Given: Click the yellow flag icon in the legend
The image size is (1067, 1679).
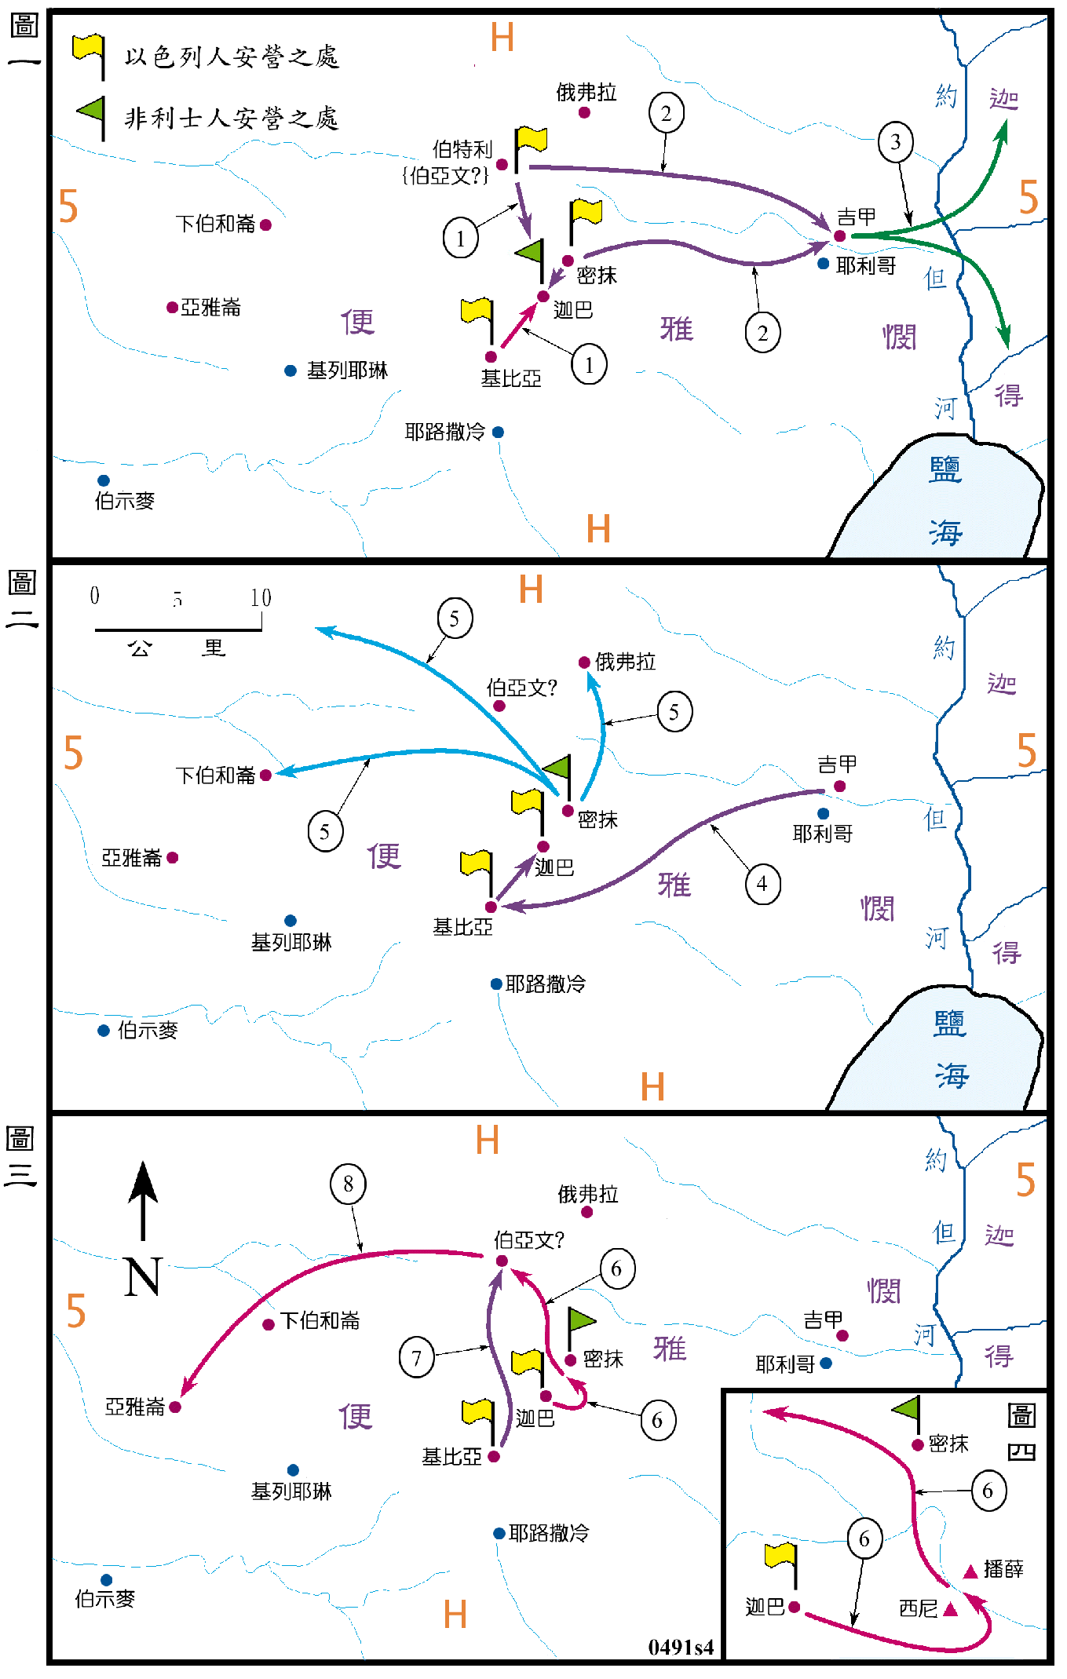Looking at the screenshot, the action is coord(89,55).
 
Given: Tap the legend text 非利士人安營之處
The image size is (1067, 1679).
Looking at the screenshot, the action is coord(232,119).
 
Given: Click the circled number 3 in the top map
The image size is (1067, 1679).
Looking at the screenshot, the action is coord(895,142).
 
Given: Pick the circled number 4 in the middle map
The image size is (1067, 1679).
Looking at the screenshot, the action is coord(762,884).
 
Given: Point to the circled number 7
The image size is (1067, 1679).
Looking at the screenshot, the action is coord(416,1357).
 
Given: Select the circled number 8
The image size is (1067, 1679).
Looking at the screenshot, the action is coord(348,1184).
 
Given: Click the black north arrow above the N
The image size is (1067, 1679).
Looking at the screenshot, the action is coord(143,1200).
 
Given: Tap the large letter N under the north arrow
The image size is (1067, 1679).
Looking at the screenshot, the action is coord(143,1276).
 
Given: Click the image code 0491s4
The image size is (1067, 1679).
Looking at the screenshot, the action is coord(681,1647).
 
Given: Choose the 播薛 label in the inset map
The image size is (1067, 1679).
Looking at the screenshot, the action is coord(1003,1568).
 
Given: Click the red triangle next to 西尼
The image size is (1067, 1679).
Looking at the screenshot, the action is coord(951,1609).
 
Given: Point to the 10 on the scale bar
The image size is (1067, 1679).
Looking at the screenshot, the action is coord(261,598).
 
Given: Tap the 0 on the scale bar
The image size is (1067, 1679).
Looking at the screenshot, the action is coord(95,596).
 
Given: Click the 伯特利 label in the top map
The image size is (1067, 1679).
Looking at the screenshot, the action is coord(462,149).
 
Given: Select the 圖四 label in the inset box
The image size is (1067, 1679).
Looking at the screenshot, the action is coord(1021,1433).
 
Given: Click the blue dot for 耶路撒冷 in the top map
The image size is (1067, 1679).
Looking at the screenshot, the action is coord(498,432).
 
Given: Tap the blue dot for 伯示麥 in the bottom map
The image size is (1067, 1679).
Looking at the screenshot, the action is coord(106,1580).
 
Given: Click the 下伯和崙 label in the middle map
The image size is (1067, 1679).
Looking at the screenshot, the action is coord(216,776).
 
